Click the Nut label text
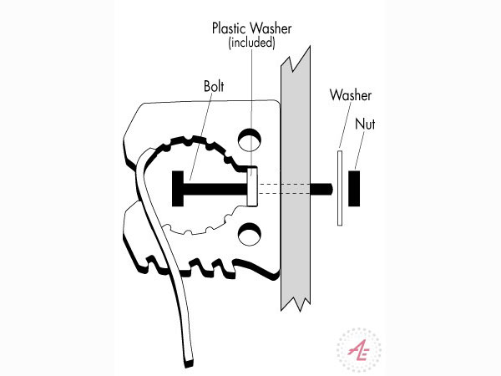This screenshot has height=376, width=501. pyautogui.click(x=365, y=124)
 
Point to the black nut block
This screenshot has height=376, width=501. pyautogui.click(x=354, y=188)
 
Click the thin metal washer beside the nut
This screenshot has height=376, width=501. pyautogui.click(x=339, y=188)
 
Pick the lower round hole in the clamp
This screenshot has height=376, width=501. pyautogui.click(x=250, y=233)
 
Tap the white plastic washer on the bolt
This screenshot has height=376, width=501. pyautogui.click(x=253, y=185)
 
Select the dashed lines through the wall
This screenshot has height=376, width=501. pyautogui.click(x=284, y=188)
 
